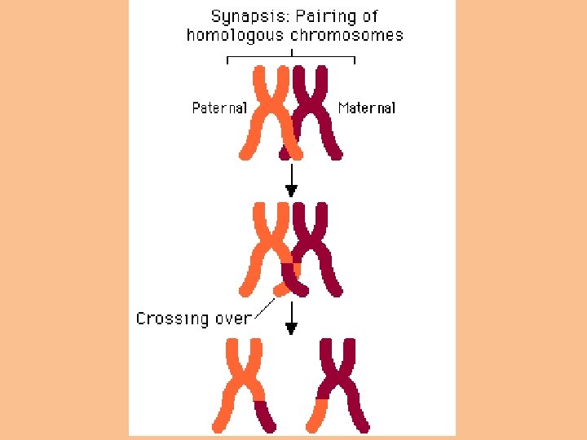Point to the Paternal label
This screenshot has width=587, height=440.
point(219,108)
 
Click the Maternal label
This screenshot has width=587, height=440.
point(367,108)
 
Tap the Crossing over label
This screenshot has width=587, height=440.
point(194,319)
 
